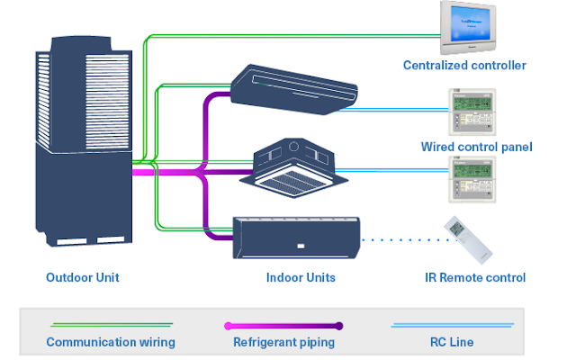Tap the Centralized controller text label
point(464,66)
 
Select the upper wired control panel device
point(472,112)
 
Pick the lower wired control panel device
point(472,176)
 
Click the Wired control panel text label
point(476,147)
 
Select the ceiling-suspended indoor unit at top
point(293,84)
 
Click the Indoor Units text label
point(301,277)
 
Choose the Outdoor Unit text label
point(83,277)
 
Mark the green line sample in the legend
point(110,327)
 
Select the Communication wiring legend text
point(110,342)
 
